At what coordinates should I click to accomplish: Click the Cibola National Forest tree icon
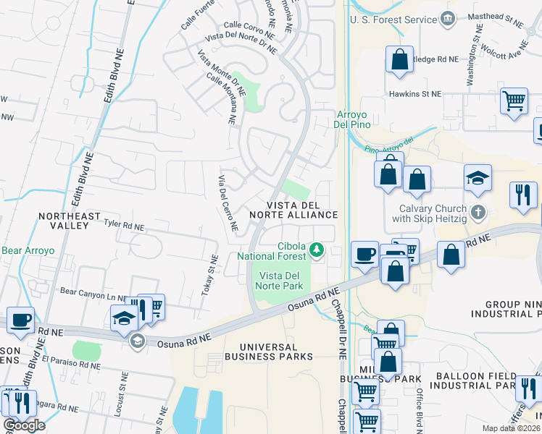(x=316, y=250)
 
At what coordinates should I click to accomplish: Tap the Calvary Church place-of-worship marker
(x=477, y=213)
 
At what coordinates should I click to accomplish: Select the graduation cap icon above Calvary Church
(x=478, y=178)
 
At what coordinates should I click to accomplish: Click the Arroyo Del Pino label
(x=352, y=119)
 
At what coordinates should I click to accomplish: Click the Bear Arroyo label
(x=28, y=251)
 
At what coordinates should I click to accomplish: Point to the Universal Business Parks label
(x=268, y=351)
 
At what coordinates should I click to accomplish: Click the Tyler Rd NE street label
(x=124, y=226)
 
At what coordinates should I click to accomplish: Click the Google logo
(x=24, y=425)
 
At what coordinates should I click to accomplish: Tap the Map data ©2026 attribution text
(x=512, y=428)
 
